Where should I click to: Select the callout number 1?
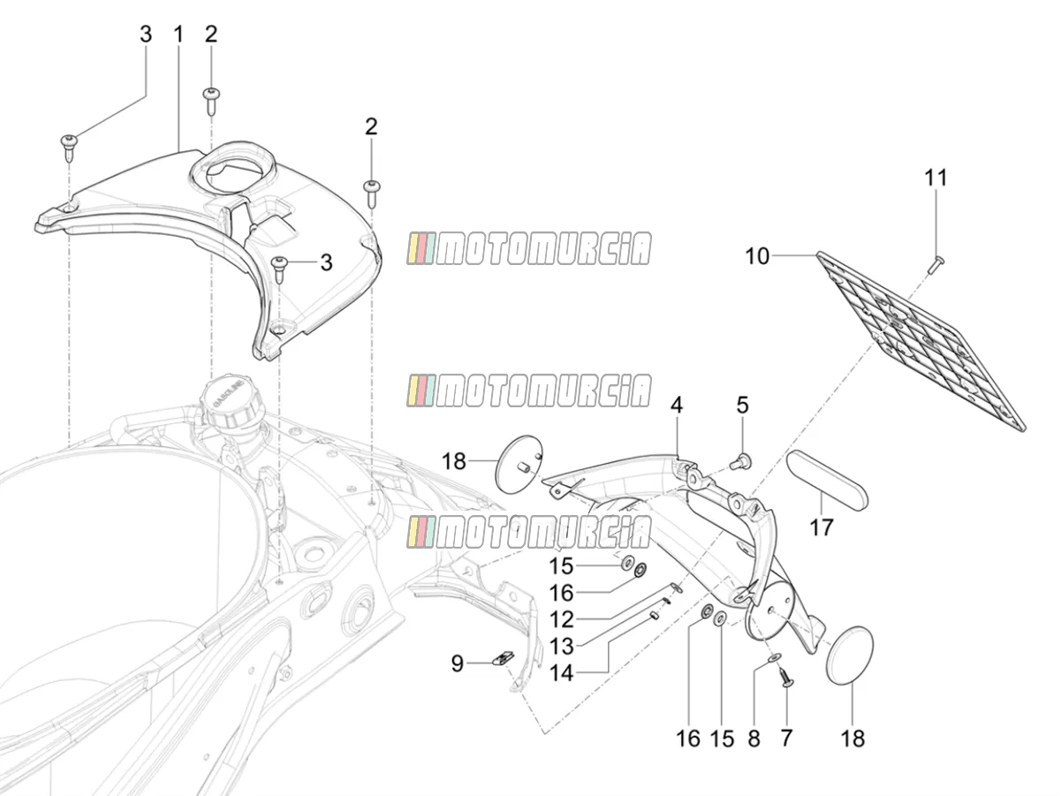point(178,34)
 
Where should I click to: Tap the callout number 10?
point(757,255)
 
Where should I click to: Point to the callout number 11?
point(936,178)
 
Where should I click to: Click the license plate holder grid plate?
point(921,341)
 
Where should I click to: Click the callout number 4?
point(677,405)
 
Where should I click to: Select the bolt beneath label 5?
point(742,461)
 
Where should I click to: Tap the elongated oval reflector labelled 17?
point(827,480)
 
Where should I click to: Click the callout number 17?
point(822,527)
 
